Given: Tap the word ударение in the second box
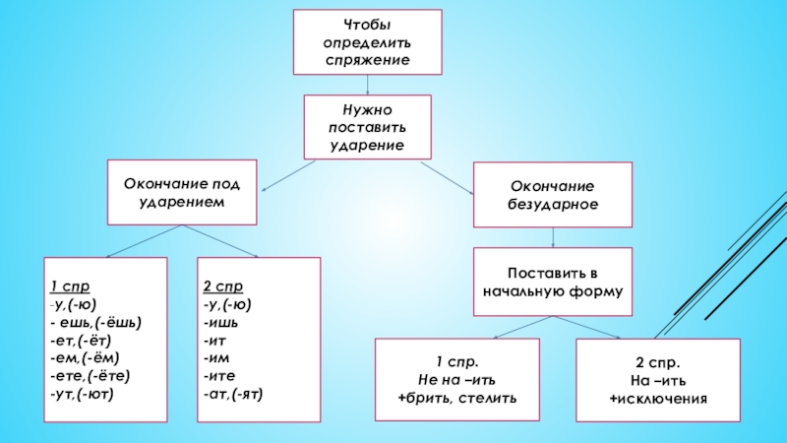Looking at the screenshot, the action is click(368, 145).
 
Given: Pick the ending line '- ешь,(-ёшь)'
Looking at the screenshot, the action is click(96, 322).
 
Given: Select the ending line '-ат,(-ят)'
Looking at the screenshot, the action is click(234, 393).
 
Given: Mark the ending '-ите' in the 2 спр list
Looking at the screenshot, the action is click(220, 375).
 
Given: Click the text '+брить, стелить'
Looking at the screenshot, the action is click(457, 398).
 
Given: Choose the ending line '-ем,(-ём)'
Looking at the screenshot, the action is click(90, 357).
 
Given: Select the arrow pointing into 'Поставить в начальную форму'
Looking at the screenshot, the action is click(553, 236).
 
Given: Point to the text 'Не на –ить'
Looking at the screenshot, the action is click(457, 380).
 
